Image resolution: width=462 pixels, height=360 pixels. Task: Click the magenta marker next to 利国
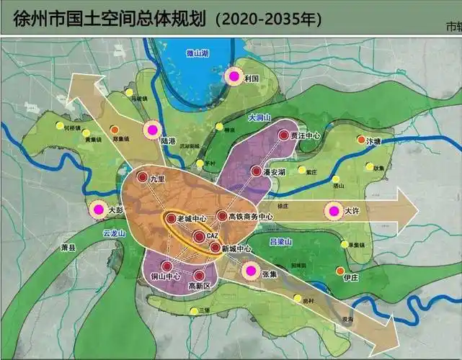[x=234, y=76]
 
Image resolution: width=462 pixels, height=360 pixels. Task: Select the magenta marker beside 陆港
[x=151, y=130]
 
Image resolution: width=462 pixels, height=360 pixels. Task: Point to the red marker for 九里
[x=143, y=177]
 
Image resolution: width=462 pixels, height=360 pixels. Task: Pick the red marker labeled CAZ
[x=199, y=235]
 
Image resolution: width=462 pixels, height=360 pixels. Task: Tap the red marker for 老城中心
[x=171, y=218]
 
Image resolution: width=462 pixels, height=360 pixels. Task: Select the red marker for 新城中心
[x=215, y=248]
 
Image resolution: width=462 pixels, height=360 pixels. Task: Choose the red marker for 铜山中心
[x=166, y=266]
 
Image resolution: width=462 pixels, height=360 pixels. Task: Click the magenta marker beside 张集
[x=250, y=271]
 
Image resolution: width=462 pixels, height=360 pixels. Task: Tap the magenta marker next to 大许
[x=333, y=211]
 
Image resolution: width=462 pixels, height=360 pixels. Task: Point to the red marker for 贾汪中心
[x=284, y=135]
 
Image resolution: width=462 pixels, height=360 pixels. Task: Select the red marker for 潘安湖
[x=256, y=171]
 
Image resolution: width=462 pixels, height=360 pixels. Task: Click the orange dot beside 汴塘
[x=361, y=140]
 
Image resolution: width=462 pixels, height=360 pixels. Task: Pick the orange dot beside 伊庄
[x=340, y=271]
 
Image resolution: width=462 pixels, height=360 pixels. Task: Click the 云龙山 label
[x=114, y=233]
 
